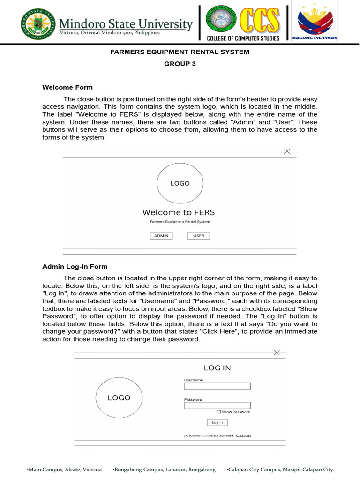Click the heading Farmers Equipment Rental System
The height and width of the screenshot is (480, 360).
[180, 52]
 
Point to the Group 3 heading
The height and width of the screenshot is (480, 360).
[180, 64]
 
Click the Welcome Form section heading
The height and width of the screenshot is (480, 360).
[67, 87]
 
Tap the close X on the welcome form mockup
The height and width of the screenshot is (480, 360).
[287, 151]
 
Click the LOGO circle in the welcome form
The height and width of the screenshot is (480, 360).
[180, 183]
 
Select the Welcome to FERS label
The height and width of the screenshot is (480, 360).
[179, 212]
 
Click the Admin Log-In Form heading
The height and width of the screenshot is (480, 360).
[75, 267]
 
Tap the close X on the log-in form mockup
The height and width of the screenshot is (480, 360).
[277, 352]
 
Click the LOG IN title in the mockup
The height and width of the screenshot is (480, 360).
[217, 368]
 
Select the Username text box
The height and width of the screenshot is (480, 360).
[217, 386]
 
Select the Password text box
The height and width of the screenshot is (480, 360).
[217, 405]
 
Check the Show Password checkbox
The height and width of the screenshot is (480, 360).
[218, 412]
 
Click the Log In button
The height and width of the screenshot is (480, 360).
[217, 422]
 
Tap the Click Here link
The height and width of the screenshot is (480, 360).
[244, 435]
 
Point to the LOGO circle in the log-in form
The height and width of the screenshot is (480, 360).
[119, 398]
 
